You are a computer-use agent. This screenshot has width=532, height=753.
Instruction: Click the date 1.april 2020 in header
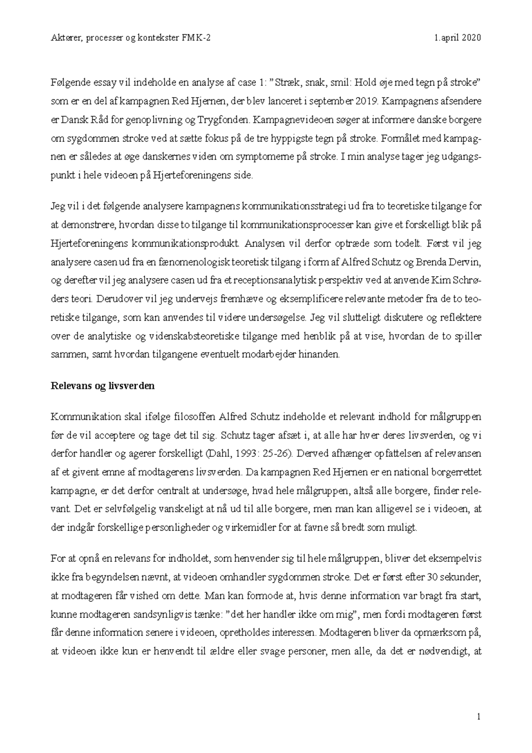coord(458,38)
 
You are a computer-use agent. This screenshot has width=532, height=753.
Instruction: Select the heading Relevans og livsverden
coord(102,386)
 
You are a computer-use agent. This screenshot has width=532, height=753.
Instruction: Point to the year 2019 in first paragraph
coord(367,101)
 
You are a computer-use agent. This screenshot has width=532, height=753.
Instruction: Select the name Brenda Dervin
coord(456,263)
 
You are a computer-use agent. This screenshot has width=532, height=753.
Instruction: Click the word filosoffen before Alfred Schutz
coord(194,417)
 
